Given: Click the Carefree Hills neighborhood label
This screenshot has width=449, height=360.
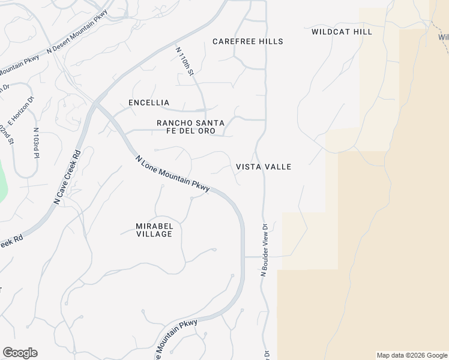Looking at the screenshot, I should coord(248,41).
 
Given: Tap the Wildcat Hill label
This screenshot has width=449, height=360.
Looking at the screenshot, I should coord(342,32).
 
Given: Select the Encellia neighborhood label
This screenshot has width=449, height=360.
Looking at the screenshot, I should coord(149,103).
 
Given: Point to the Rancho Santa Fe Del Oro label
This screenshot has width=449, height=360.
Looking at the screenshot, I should coord(190,127).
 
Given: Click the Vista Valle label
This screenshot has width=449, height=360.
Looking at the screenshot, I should coord(264,167).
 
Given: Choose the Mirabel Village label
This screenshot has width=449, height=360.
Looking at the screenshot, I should coord(154,230).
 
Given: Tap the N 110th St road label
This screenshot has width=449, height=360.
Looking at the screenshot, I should coord(185,61).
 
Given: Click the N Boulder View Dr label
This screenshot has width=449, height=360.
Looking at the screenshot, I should coord(264,250).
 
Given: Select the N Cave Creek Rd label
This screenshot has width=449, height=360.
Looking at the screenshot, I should coord(67,178).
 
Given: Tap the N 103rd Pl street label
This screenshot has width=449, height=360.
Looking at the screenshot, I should coord(36,143).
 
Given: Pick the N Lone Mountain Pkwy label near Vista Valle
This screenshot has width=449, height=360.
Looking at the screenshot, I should coord(172,174).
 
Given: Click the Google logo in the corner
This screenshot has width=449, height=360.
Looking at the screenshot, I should coord(20,353).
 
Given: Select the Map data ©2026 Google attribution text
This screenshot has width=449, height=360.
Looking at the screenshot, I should coord(412,355).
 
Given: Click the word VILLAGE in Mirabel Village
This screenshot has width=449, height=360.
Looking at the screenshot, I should coord(154,234).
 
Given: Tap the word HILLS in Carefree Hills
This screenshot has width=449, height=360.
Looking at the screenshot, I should coord(270,41).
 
